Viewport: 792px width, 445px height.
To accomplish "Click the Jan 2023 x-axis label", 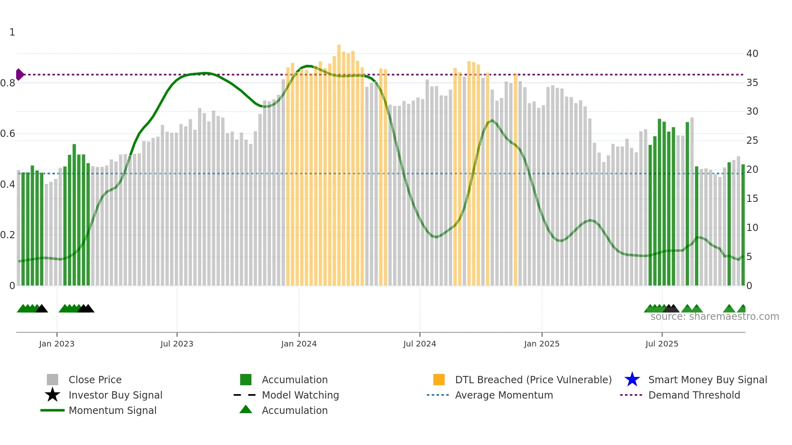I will tap(57, 344).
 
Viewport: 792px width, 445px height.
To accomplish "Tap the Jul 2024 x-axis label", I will tap(419, 344).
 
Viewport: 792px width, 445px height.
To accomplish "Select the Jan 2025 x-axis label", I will tap(541, 344).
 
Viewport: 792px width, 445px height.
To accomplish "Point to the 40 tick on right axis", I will tap(752, 53).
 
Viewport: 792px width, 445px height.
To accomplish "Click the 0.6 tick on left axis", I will tap(8, 134).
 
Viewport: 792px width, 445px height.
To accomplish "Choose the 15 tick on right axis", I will tap(752, 199).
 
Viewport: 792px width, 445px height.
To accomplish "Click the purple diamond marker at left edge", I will tap(19, 74).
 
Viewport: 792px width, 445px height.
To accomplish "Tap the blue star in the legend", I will tap(632, 380).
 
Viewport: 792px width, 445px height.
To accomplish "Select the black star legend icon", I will tap(53, 395).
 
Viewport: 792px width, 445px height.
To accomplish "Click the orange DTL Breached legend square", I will tap(439, 380).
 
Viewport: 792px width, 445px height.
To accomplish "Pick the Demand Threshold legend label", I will tap(694, 395).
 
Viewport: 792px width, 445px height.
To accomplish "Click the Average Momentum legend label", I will tap(504, 395).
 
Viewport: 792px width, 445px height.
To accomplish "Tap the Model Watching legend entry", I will tap(300, 395).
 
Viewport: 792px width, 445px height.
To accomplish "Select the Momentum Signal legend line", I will tap(53, 410).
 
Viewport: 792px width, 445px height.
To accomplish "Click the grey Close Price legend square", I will tap(53, 380).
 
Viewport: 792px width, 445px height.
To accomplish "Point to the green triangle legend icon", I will tap(246, 409).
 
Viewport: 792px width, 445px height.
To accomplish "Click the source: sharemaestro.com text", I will tap(714, 317).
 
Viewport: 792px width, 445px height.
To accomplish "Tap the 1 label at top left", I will tap(12, 32).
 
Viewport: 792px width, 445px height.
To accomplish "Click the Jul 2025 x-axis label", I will tap(661, 344).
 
